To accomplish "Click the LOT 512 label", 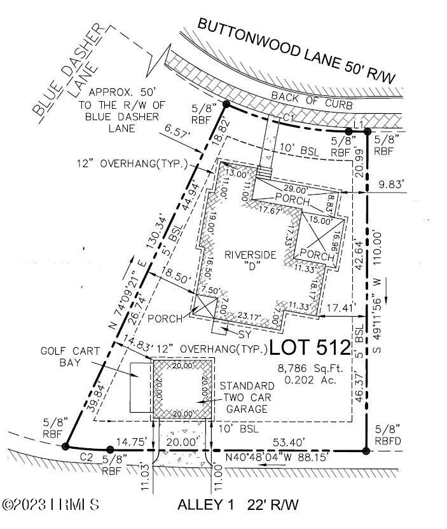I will [310, 347].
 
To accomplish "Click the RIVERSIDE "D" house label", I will [252, 261].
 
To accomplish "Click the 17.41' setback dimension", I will [339, 308].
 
